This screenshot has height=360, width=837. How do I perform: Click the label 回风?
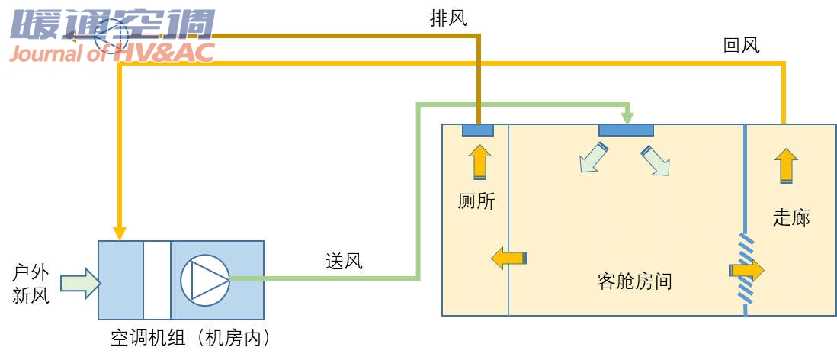tap(741, 46)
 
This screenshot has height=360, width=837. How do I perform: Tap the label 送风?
tap(344, 262)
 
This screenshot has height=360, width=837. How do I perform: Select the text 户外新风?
tap(31, 284)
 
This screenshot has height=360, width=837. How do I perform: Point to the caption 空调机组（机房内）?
tap(191, 338)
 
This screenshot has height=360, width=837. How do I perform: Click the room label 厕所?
tap(476, 201)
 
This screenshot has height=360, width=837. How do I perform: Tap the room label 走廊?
tap(791, 217)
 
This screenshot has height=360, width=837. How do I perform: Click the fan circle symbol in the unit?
tap(204, 279)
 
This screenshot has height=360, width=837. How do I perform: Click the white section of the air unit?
tap(157, 280)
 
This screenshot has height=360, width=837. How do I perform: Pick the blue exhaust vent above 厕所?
tap(478, 130)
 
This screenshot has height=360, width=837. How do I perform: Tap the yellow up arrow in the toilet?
tap(479, 162)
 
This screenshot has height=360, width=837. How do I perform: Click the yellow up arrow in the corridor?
tap(786, 165)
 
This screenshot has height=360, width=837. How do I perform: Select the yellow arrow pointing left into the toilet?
tap(508, 258)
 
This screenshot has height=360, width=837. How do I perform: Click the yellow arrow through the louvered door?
tap(746, 269)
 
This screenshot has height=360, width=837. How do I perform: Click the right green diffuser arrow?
tap(656, 160)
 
